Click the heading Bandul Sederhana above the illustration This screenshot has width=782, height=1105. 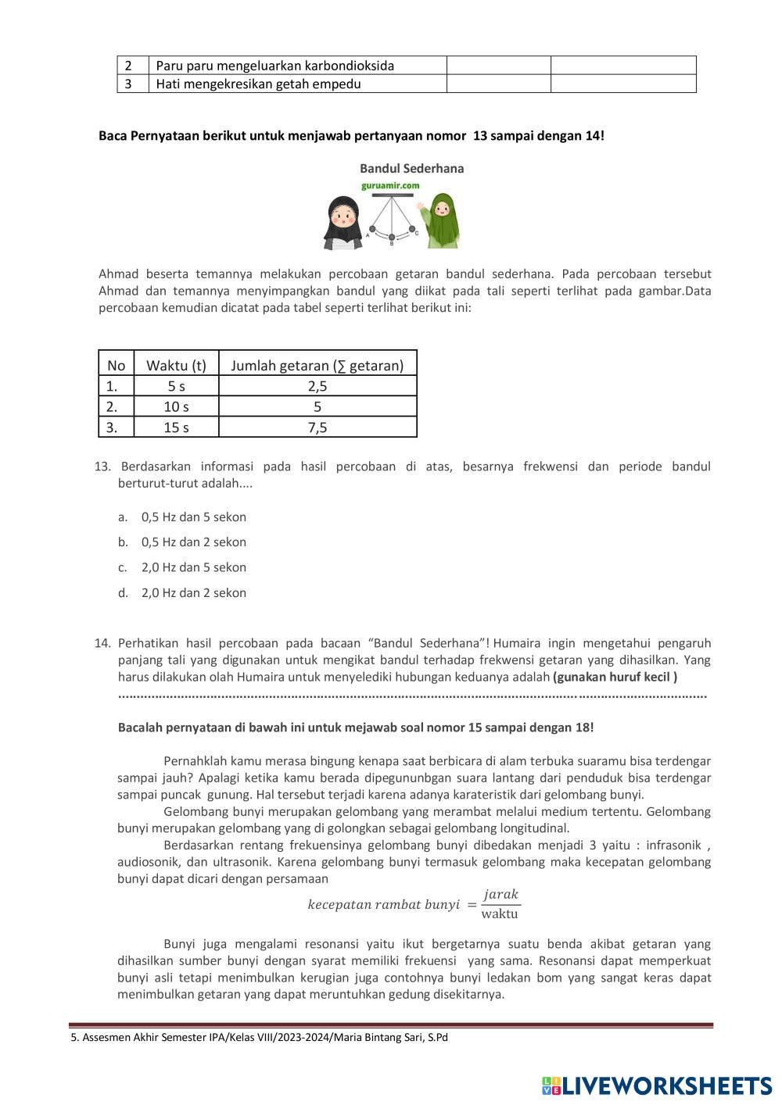click(x=411, y=168)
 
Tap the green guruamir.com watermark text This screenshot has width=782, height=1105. click(x=390, y=186)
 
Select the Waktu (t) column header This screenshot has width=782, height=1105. click(x=176, y=365)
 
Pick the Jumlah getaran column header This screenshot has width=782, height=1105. click(x=317, y=365)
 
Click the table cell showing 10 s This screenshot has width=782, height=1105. click(x=176, y=406)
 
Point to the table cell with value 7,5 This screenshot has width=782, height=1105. click(x=317, y=427)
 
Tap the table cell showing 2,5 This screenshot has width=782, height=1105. click(x=317, y=386)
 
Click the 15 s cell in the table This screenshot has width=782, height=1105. click(x=176, y=427)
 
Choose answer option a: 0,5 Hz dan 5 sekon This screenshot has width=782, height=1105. click(x=193, y=517)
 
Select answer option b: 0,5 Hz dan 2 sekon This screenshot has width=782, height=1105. click(x=193, y=542)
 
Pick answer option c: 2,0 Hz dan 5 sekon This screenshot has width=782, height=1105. click(x=193, y=567)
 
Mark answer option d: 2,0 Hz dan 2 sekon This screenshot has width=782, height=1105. click(x=193, y=592)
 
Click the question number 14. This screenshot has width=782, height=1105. click(x=102, y=643)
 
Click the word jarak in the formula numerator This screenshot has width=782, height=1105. click(x=501, y=894)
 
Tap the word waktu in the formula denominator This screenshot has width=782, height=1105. click(x=500, y=914)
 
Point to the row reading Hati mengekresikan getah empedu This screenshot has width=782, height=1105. click(x=258, y=84)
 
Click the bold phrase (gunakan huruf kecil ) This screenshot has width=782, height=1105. click(x=615, y=676)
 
